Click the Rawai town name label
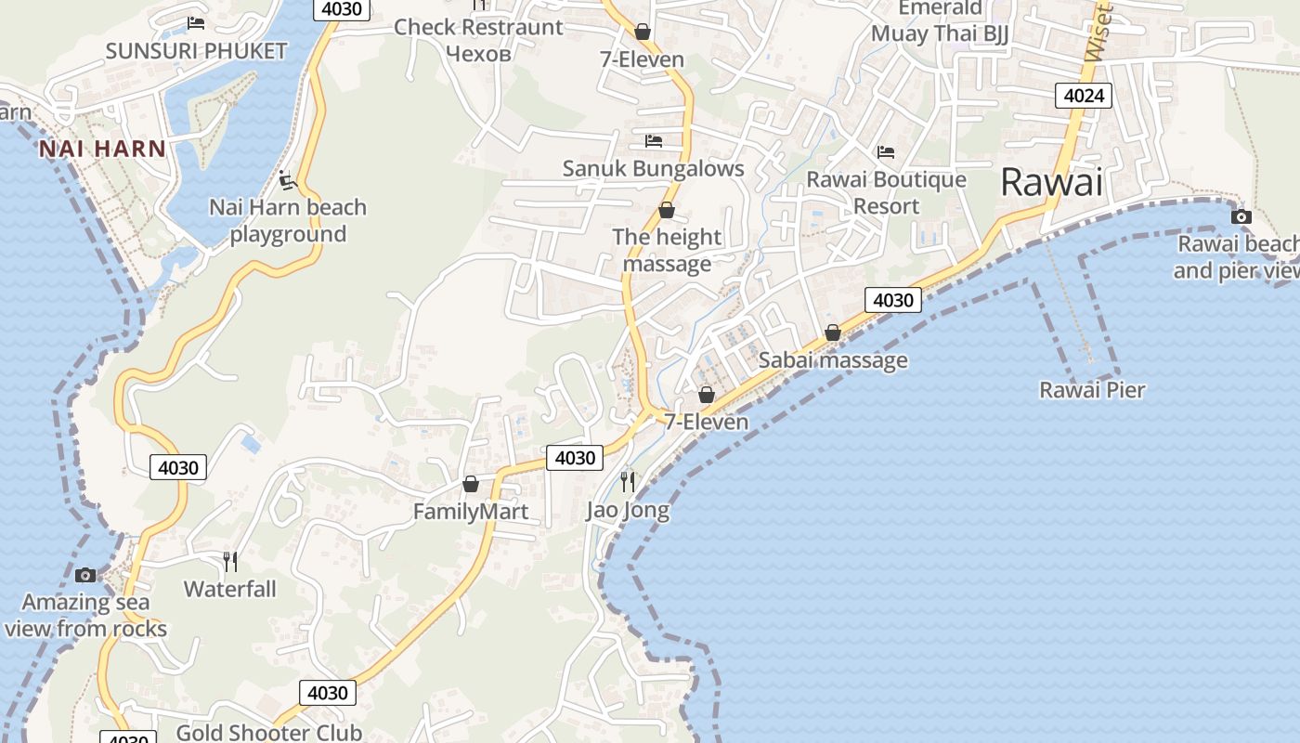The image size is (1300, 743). [x=1051, y=182]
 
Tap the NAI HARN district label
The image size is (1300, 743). [x=102, y=149]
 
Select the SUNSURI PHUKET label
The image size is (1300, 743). [x=196, y=51]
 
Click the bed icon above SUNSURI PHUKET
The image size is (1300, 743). [x=196, y=23]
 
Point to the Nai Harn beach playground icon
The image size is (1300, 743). [x=288, y=178]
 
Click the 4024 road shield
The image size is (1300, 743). [x=1084, y=95]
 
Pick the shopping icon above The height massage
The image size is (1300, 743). [x=666, y=211]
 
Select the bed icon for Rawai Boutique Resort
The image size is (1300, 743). [x=886, y=151]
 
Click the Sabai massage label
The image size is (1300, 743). [x=833, y=360]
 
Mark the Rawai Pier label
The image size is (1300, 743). [x=1092, y=390]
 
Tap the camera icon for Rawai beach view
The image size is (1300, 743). [x=1241, y=217]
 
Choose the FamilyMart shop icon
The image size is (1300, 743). [x=471, y=484]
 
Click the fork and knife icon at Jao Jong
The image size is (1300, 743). [x=628, y=481]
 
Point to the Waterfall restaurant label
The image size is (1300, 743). [x=229, y=589]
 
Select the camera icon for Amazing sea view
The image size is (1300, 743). [x=85, y=575]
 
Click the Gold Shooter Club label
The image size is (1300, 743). [x=269, y=732]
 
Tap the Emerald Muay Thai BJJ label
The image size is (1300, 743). [x=940, y=21]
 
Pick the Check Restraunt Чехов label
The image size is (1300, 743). [x=478, y=39]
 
